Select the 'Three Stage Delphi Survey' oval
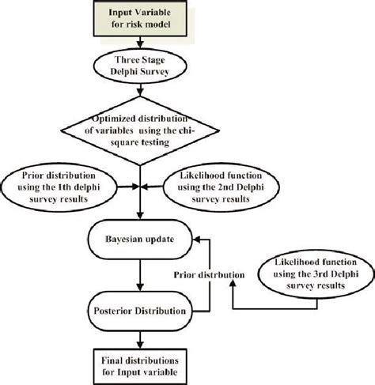pos(140,68)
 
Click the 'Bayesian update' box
pos(140,237)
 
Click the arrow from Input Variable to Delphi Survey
pos(140,45)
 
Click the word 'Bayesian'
pos(123,237)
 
